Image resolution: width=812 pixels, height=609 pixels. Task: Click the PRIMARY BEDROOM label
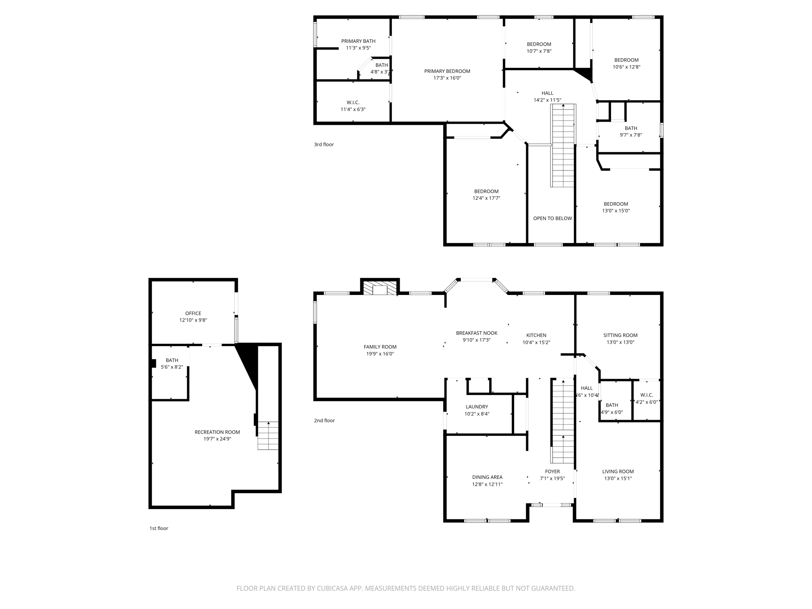click(x=447, y=71)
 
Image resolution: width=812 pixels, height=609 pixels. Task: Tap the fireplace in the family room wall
click(x=380, y=288)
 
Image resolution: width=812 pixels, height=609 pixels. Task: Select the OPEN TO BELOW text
click(x=552, y=218)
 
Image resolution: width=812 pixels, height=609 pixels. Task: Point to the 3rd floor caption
click(x=324, y=144)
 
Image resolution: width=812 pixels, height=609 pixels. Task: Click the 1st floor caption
click(x=159, y=528)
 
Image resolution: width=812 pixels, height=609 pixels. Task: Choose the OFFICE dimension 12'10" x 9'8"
click(x=193, y=320)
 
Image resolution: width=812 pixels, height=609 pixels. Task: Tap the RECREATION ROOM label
click(x=217, y=432)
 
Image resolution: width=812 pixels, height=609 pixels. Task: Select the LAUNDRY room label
click(x=477, y=407)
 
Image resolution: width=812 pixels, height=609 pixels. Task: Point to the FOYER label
click(x=552, y=471)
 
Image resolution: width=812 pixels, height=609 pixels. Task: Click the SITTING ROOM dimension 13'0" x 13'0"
click(x=620, y=342)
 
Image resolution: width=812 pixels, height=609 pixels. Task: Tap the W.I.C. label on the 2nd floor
click(x=646, y=395)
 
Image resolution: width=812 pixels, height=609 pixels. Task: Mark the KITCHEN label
click(x=536, y=335)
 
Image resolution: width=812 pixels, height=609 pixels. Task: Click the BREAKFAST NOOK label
click(x=477, y=333)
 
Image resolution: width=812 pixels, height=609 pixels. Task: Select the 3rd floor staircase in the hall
click(x=563, y=146)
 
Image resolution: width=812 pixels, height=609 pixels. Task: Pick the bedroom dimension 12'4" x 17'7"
click(x=486, y=198)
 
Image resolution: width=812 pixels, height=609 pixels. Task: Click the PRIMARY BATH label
click(x=358, y=41)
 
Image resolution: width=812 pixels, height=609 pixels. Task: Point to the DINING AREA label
click(x=487, y=477)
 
